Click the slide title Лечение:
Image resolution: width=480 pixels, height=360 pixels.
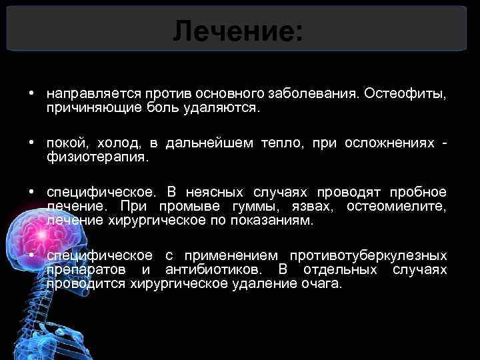pyautogui.click(x=237, y=31)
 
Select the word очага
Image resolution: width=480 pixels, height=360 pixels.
pyautogui.click(x=323, y=284)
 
